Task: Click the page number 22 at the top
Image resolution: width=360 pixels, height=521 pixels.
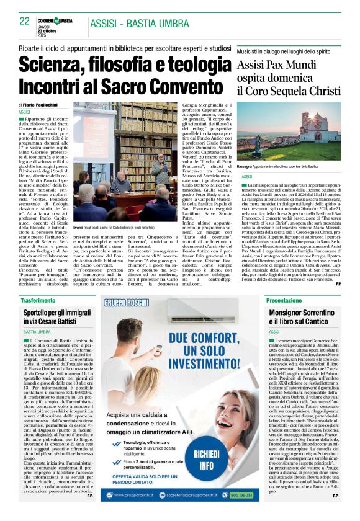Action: (x=25, y=21)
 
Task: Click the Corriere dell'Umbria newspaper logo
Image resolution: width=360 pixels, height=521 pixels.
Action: (x=58, y=21)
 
